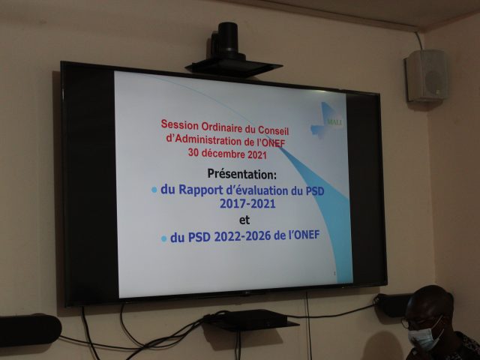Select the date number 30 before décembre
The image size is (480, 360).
pos(193,152)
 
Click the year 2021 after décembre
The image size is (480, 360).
pos(257,155)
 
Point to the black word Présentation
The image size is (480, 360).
pos(241,174)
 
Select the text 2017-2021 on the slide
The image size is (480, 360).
pos(247,204)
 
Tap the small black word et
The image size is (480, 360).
pos(244,220)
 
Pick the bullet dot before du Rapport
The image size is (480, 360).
pos(154,190)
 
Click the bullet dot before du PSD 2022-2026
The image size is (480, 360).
pos(163,238)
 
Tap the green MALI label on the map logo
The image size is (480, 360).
pos(334,122)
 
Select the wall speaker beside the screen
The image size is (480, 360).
pos(427,75)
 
